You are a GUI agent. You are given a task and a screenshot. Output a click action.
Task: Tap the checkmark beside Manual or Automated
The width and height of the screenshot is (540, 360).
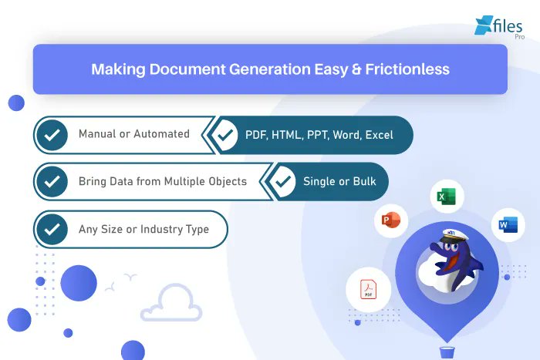click(x=52, y=135)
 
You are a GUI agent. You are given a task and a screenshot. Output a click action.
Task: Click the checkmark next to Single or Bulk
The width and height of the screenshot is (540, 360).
click(x=283, y=182)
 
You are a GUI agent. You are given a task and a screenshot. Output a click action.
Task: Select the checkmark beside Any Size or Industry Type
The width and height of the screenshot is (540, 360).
click(x=52, y=229)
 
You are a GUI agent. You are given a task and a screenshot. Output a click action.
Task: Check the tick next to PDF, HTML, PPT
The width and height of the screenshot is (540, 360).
click(x=225, y=135)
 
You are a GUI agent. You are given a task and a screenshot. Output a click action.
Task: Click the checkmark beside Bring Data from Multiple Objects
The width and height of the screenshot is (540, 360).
click(x=52, y=182)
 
